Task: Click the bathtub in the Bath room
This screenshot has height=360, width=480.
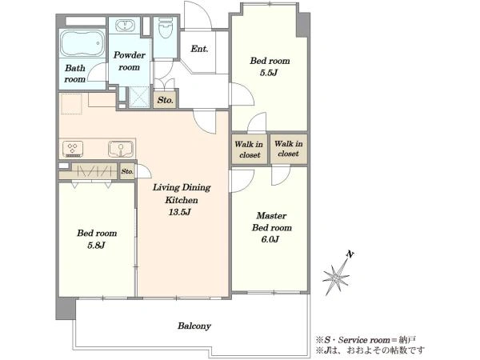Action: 82,43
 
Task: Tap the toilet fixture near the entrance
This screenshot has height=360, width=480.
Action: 166,28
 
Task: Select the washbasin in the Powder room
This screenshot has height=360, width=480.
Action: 125,26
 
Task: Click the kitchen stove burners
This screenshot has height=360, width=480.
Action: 73,149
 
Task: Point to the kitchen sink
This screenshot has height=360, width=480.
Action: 121,149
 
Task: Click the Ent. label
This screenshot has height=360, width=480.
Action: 199,49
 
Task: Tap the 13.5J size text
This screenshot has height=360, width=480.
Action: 180,212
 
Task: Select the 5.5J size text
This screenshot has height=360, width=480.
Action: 269,73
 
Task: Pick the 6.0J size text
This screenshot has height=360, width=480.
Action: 270,239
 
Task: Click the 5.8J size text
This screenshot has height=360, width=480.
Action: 96,246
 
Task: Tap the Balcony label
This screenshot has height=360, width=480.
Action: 194,326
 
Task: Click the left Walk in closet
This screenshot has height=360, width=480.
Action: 250,150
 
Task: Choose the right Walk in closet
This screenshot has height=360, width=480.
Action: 289,149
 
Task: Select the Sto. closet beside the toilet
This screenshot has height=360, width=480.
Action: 165,99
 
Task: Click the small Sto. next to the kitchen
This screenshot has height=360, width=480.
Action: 127,171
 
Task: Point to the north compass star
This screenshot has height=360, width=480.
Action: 336,277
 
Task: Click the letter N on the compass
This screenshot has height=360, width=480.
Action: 350,254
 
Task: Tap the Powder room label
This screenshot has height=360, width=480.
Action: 129,61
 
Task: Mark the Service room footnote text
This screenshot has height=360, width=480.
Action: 366,340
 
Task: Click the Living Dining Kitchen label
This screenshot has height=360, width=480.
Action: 182,194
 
